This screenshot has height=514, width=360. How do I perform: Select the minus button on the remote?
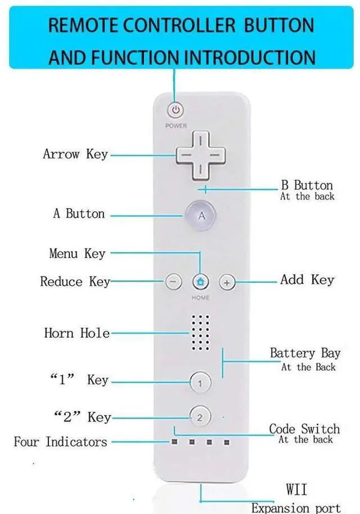[x=174, y=281]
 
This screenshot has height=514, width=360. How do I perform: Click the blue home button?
[x=201, y=281]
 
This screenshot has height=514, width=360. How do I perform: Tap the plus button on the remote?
[x=227, y=281]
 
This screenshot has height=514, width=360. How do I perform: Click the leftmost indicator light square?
[x=174, y=442]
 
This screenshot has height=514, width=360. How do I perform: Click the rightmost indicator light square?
[x=227, y=442]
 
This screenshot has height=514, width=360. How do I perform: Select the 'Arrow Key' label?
[x=75, y=154]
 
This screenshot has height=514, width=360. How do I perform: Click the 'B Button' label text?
[x=307, y=185]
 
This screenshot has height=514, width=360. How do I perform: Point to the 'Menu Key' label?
[x=77, y=254]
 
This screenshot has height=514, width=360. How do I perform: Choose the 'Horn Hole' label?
[x=76, y=333]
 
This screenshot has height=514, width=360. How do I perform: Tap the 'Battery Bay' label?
[x=305, y=354]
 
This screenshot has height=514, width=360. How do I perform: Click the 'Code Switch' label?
[x=304, y=430]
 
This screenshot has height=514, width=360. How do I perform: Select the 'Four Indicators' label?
[x=60, y=442]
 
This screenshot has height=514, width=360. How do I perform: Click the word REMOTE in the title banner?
[x=82, y=25]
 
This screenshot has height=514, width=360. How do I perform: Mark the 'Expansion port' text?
[x=296, y=508]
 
